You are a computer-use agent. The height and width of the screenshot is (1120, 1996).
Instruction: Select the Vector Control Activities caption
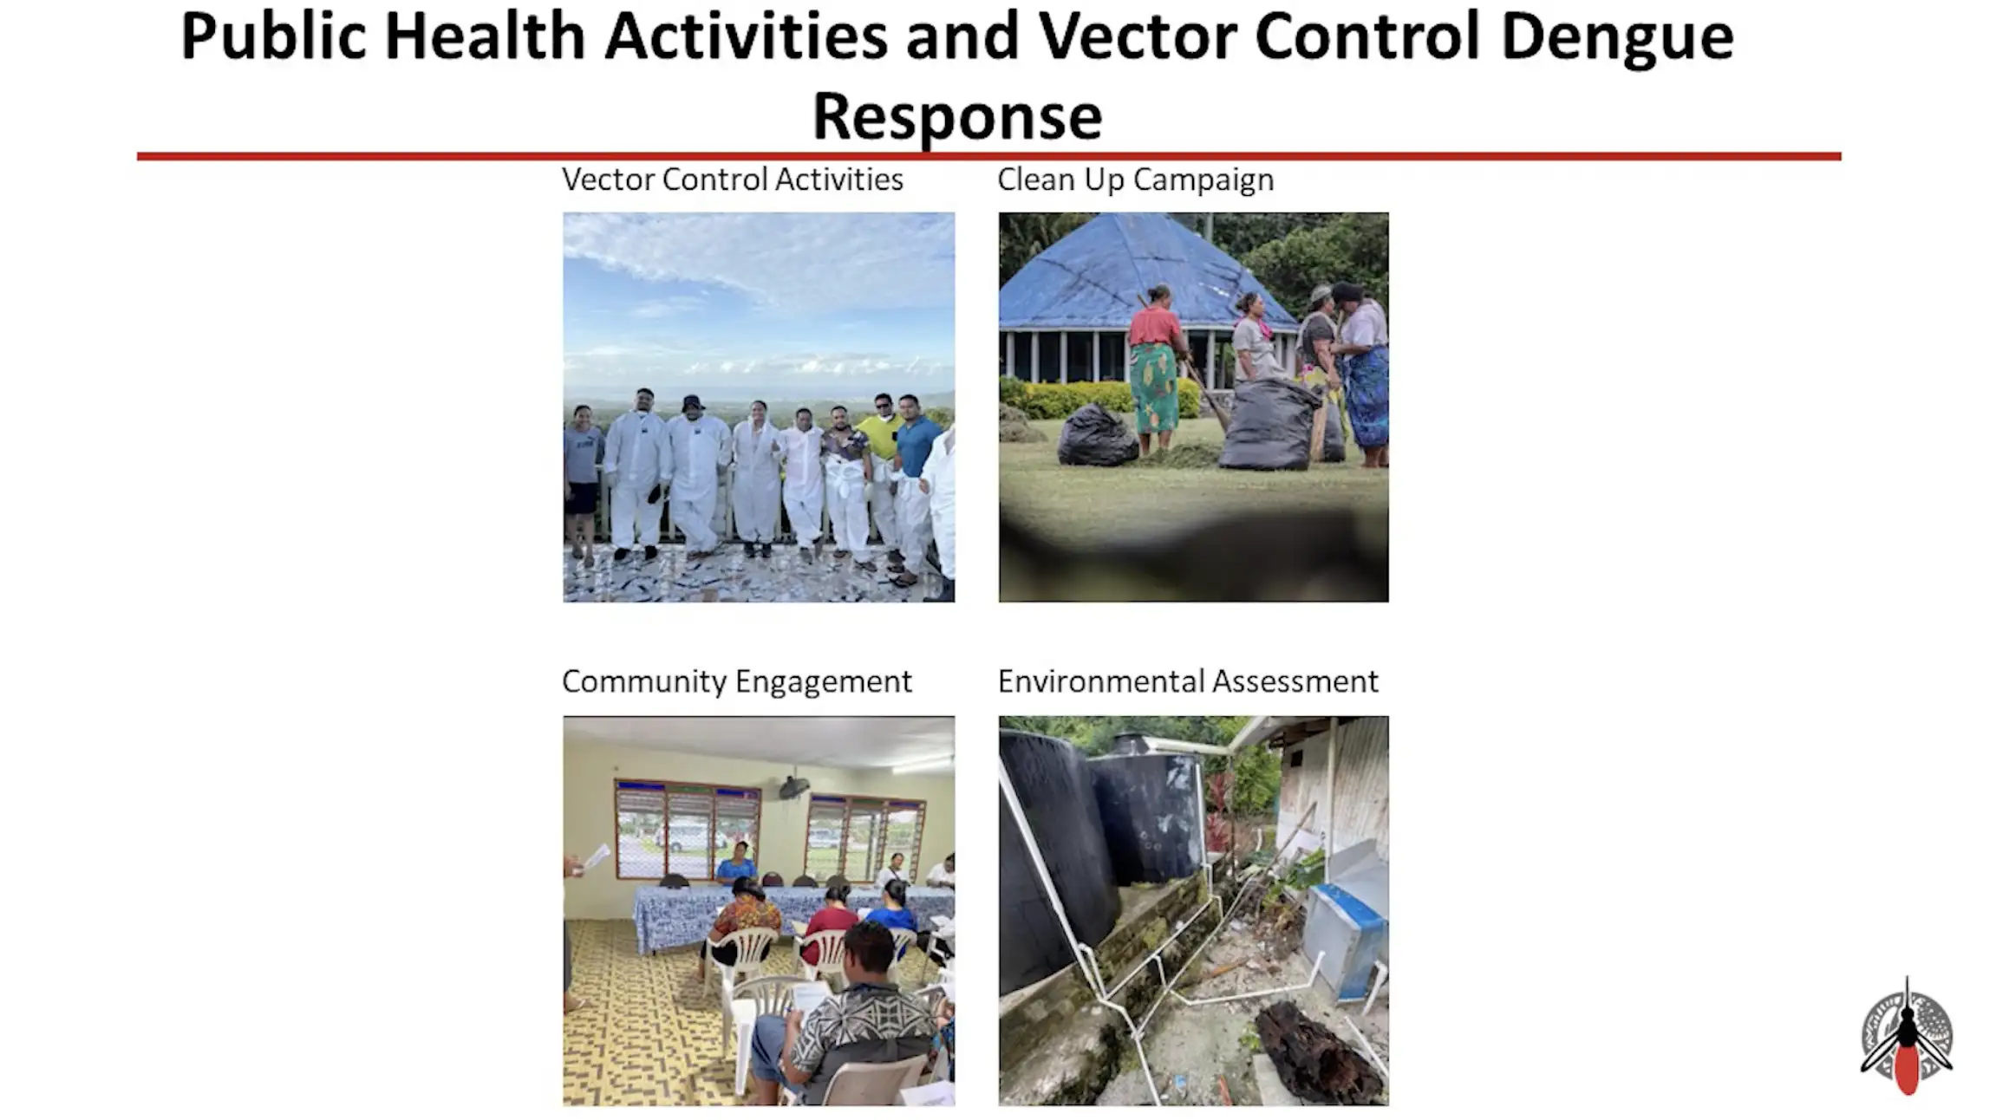point(733,179)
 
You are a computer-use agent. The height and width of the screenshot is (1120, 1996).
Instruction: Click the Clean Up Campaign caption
point(1136,179)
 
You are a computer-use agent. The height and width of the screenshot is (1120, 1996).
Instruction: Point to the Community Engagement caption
point(737,681)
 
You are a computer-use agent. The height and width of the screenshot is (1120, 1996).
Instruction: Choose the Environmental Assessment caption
point(1188,681)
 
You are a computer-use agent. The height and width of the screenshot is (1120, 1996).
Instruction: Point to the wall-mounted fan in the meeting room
point(793,787)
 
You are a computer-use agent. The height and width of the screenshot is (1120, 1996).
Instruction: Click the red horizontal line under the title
point(988,156)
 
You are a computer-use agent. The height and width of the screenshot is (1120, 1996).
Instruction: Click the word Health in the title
point(485,39)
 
